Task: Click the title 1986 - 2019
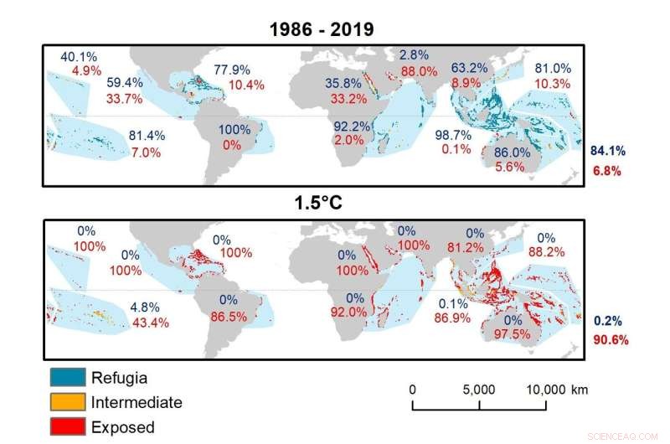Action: coord(321,29)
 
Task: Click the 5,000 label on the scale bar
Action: coord(478,390)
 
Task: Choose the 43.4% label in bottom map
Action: coord(150,323)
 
